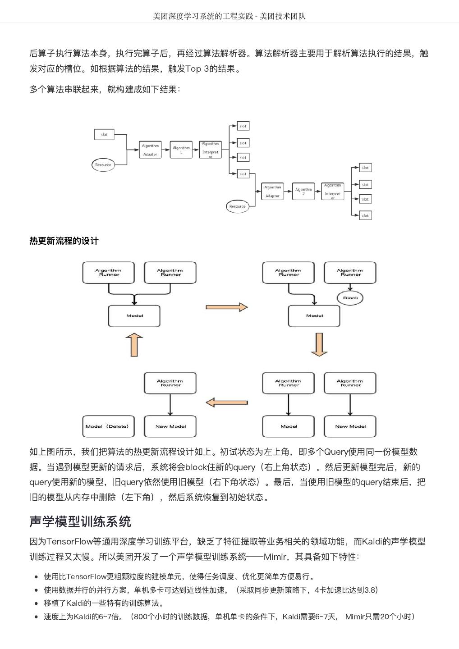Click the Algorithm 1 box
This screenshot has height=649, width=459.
pyautogui.click(x=181, y=150)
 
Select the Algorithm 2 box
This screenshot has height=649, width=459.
pyautogui.click(x=303, y=192)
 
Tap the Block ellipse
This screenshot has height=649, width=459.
pyautogui.click(x=350, y=298)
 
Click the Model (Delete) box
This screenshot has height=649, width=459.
pyautogui.click(x=108, y=426)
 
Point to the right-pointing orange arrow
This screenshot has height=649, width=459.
pyautogui.click(x=226, y=307)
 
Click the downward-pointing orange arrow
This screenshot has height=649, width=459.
pyautogui.click(x=319, y=345)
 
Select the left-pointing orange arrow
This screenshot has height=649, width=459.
pyautogui.click(x=226, y=402)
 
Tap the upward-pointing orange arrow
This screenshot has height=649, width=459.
pyautogui.click(x=134, y=345)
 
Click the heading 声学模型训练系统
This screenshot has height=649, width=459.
pyautogui.click(x=80, y=521)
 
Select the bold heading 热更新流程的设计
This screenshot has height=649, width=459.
pyautogui.click(x=64, y=241)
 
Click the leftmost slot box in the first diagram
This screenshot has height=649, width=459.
pyautogui.click(x=104, y=134)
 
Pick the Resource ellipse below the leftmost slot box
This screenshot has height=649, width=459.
pyautogui.click(x=103, y=165)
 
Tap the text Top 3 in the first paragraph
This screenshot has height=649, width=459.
pyautogui.click(x=198, y=69)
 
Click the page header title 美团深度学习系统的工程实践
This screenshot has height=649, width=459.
pyautogui.click(x=202, y=16)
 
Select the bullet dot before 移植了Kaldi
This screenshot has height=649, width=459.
pyautogui.click(x=36, y=603)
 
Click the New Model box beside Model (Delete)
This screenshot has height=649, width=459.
pyautogui.click(x=170, y=426)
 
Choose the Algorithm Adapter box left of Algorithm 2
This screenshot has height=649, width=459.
pyautogui.click(x=272, y=192)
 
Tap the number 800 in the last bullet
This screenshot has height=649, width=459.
pyautogui.click(x=141, y=617)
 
